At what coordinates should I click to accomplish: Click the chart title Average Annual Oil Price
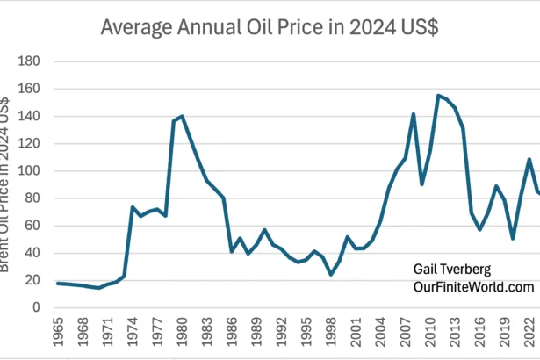(270, 26)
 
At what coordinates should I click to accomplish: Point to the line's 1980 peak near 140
(182, 116)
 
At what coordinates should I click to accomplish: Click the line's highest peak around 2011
(437, 96)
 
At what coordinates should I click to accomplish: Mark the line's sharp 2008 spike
(413, 114)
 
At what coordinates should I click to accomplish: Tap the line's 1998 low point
(330, 274)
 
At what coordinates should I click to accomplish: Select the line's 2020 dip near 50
(512, 238)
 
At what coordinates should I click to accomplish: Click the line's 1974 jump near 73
(133, 207)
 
